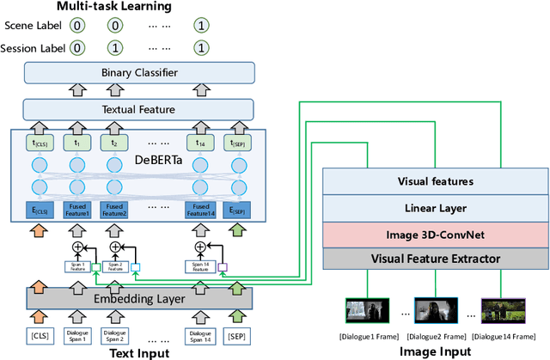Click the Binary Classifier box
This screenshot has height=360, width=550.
pos(139,74)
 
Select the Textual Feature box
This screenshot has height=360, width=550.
pos(139,108)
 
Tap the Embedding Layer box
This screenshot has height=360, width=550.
pos(139,298)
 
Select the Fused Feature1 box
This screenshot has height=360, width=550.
pos(77,210)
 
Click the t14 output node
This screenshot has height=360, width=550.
pos(199,143)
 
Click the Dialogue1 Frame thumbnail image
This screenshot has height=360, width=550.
pos(362,309)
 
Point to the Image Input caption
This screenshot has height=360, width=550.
pos(437,351)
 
